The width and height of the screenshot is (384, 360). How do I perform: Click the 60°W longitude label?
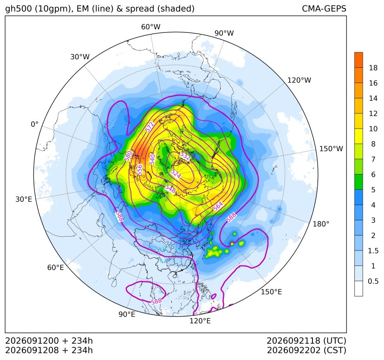pos(150,27)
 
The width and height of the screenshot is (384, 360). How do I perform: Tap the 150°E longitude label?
pos(271,292)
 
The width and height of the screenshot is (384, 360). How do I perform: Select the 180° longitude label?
pos(321,224)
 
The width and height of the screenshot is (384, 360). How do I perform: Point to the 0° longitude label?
pos(34,124)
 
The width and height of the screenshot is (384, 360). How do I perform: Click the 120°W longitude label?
pos(299,80)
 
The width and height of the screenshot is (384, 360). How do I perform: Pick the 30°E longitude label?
pos(24,199)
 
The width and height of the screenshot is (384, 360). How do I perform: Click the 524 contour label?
pos(176,174)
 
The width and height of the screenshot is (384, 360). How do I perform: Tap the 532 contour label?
pos(185,156)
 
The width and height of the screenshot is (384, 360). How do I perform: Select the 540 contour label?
pos(152,159)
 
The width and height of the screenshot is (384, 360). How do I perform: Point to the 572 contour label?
pos(150,127)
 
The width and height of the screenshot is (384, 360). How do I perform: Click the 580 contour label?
pos(128,156)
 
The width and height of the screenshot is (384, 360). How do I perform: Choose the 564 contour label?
pos(218,206)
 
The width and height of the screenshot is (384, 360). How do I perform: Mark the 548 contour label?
pos(170,189)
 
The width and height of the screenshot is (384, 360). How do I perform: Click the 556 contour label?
pos(139,170)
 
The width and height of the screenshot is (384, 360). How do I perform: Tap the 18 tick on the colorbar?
pos(373,68)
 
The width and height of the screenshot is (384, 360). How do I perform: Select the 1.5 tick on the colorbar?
pos(373,251)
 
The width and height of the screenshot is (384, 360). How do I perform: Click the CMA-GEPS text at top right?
pos(324,8)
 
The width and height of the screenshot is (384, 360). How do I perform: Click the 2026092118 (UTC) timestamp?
pos(306,341)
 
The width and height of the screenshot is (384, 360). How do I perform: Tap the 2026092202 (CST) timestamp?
pos(306,350)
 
